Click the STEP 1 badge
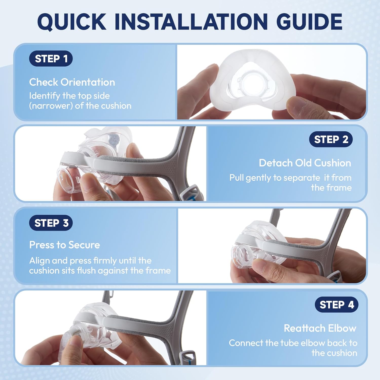[51, 59]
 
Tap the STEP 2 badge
[331, 139]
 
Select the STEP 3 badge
[51, 223]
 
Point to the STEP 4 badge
[336, 305]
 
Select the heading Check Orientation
[72, 82]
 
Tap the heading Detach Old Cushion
[305, 163]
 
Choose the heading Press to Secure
[65, 245]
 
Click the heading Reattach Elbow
[320, 328]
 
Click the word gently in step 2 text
[258, 178]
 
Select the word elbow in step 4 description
[312, 343]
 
